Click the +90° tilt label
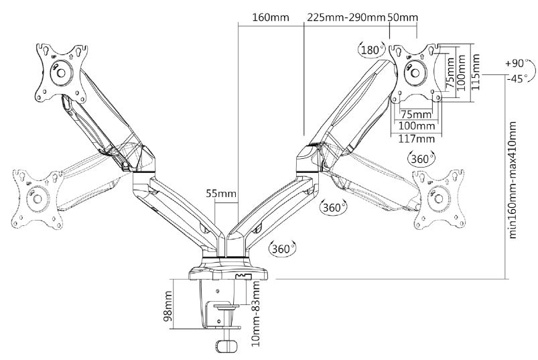coord(517,64)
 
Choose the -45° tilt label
coord(517,78)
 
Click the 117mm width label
coord(416,139)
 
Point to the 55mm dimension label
coord(221,194)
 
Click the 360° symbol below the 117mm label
coord(421,160)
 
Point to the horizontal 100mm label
coord(416,126)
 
